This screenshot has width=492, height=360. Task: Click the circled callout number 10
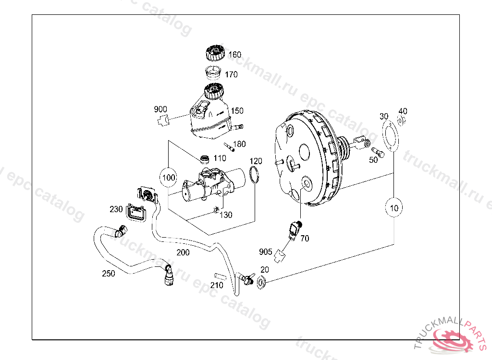pyautogui.click(x=394, y=208)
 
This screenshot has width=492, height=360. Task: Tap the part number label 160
pyautogui.click(x=234, y=55)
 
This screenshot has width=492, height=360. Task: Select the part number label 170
pyautogui.click(x=231, y=74)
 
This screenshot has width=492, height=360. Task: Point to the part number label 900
pyautogui.click(x=160, y=109)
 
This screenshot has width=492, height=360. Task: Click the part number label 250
pyautogui.click(x=109, y=274)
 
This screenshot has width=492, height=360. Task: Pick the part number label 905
pyautogui.click(x=265, y=252)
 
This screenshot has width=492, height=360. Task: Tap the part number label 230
pyautogui.click(x=116, y=209)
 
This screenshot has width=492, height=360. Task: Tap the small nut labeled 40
pyautogui.click(x=402, y=120)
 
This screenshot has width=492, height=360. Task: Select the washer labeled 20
pyautogui.click(x=262, y=283)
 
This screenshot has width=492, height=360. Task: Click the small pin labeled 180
pyautogui.click(x=229, y=146)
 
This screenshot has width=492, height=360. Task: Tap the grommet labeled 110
pyautogui.click(x=204, y=158)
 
